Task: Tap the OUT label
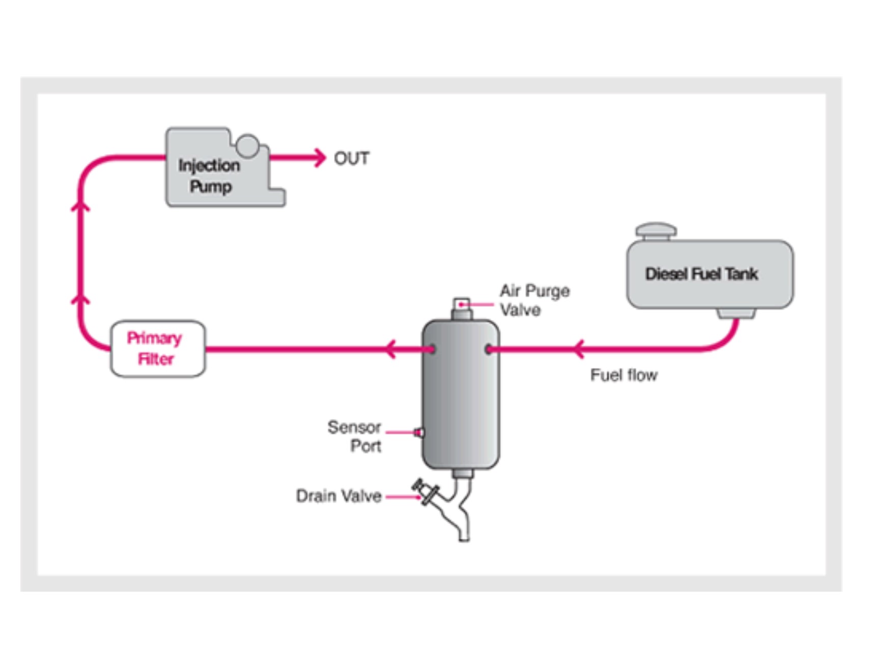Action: (x=351, y=158)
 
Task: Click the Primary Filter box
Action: (x=158, y=349)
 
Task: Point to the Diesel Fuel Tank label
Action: (x=701, y=274)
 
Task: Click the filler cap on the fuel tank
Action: (x=656, y=231)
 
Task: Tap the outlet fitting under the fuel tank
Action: (x=736, y=313)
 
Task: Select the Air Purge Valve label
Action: (x=534, y=300)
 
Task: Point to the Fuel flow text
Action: (x=624, y=375)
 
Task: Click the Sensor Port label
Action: (x=355, y=436)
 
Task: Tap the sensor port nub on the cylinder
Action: (x=419, y=433)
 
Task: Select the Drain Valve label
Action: (x=339, y=496)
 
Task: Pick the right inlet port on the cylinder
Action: (x=489, y=350)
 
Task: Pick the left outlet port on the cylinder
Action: (x=432, y=350)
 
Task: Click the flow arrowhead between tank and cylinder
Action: (x=578, y=349)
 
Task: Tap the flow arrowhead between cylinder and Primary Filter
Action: (x=390, y=349)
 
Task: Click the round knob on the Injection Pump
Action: (x=248, y=145)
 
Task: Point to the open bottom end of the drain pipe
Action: (x=464, y=537)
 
